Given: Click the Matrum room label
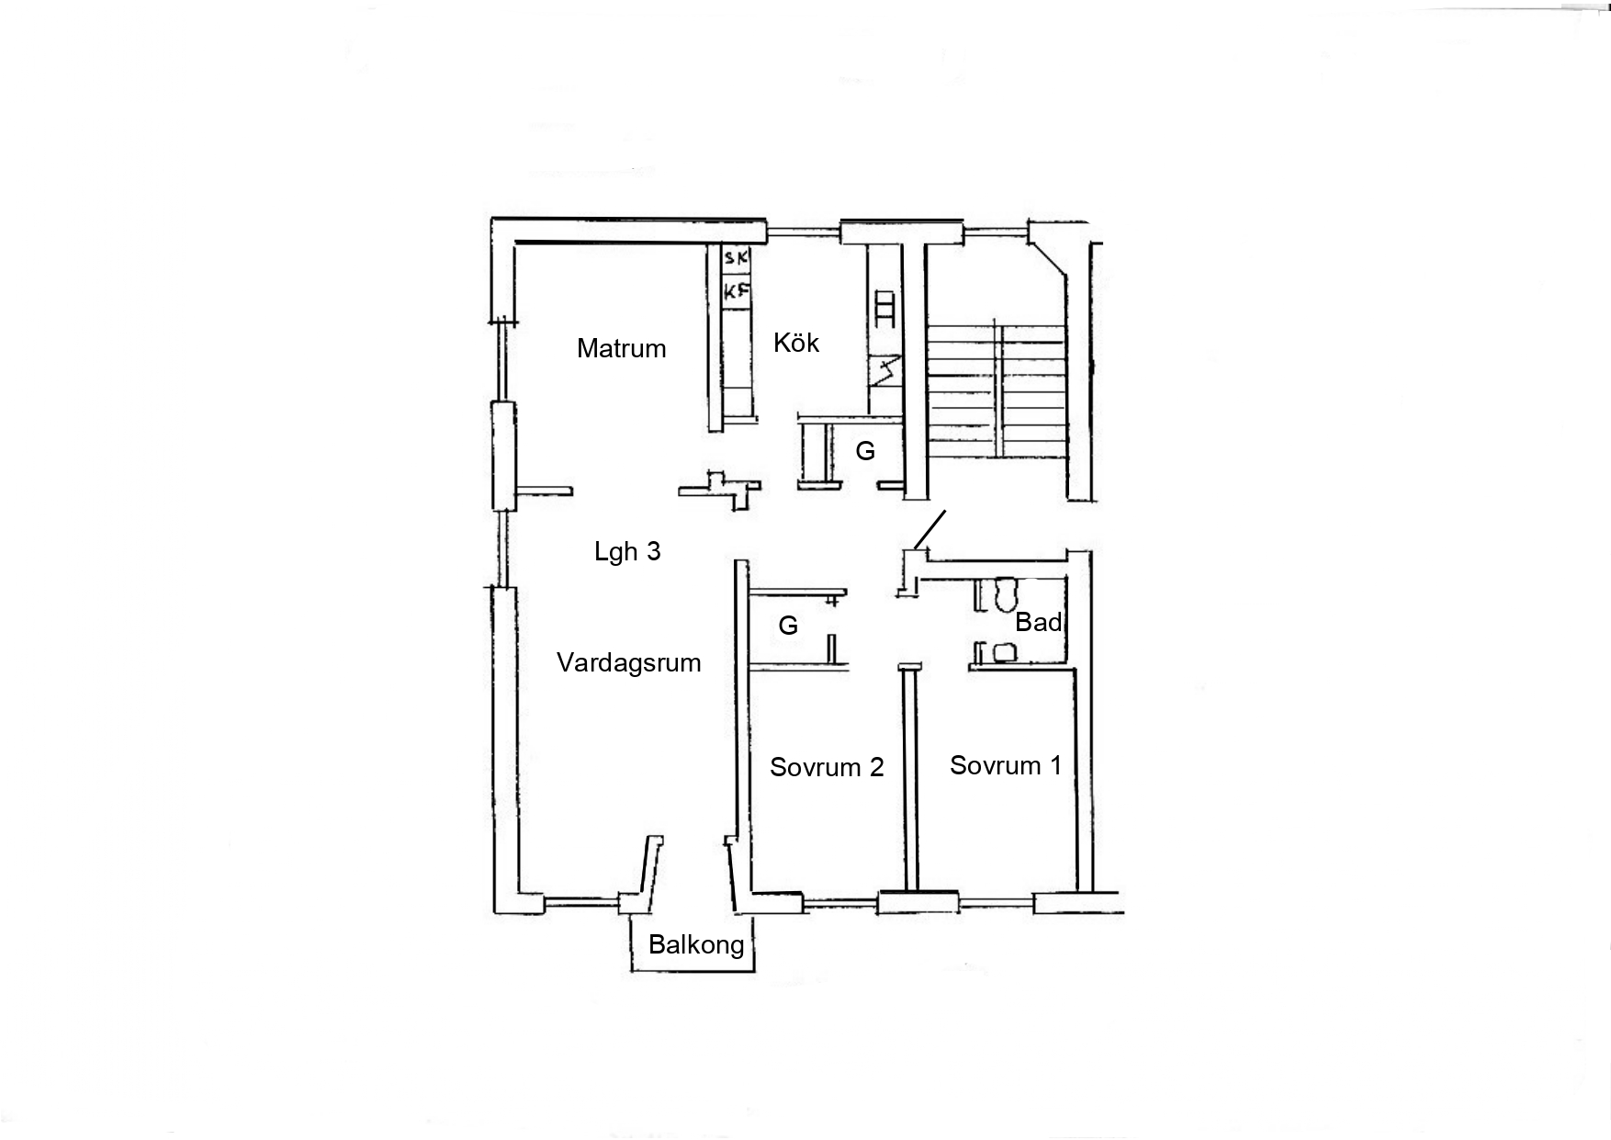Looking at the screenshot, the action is (621, 348).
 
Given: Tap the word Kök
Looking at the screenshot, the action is (796, 343).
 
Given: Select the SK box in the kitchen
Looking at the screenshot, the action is (737, 257).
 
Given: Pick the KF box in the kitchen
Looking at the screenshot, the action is (737, 292).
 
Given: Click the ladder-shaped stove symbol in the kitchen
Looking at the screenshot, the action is (885, 309).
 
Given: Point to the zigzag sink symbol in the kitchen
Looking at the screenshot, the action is (885, 371).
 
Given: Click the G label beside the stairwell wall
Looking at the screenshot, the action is (865, 451).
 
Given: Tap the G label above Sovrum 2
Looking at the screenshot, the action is (788, 626).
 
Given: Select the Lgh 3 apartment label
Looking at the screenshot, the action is (627, 551).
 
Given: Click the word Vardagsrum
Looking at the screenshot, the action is (629, 662).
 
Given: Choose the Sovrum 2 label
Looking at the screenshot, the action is (827, 767).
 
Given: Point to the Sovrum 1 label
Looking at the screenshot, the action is (1006, 765).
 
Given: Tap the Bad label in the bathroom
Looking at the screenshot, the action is (1039, 622).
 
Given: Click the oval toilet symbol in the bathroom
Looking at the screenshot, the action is (1005, 593).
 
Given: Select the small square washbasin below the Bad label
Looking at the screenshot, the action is (1005, 652).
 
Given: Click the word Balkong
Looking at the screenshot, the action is (696, 944).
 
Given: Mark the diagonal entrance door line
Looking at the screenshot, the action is (930, 530).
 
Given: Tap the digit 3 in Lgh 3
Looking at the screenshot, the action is (654, 551).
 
